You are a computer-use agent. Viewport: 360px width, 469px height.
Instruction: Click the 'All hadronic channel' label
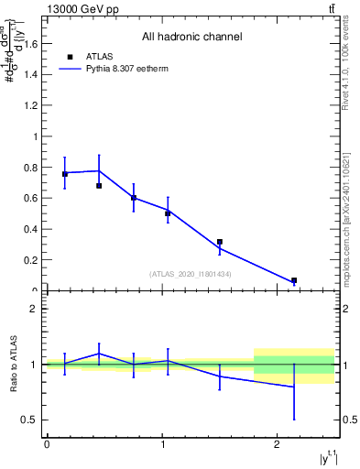pos(191,38)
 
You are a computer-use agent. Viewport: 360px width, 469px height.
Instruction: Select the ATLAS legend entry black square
pos(71,57)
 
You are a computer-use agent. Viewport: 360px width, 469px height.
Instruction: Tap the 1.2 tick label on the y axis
pos(30,105)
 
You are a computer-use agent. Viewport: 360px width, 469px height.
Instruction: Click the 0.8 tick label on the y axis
pos(30,168)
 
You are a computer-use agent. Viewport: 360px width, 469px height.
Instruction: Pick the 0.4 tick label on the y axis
pos(30,230)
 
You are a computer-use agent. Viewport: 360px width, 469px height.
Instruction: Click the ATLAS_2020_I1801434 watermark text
pos(191,274)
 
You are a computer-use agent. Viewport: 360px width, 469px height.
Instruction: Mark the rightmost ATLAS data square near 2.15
pos(294,280)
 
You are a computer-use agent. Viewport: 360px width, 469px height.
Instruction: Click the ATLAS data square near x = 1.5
pos(220,242)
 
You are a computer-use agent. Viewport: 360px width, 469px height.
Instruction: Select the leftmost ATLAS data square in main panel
pos(65,173)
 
